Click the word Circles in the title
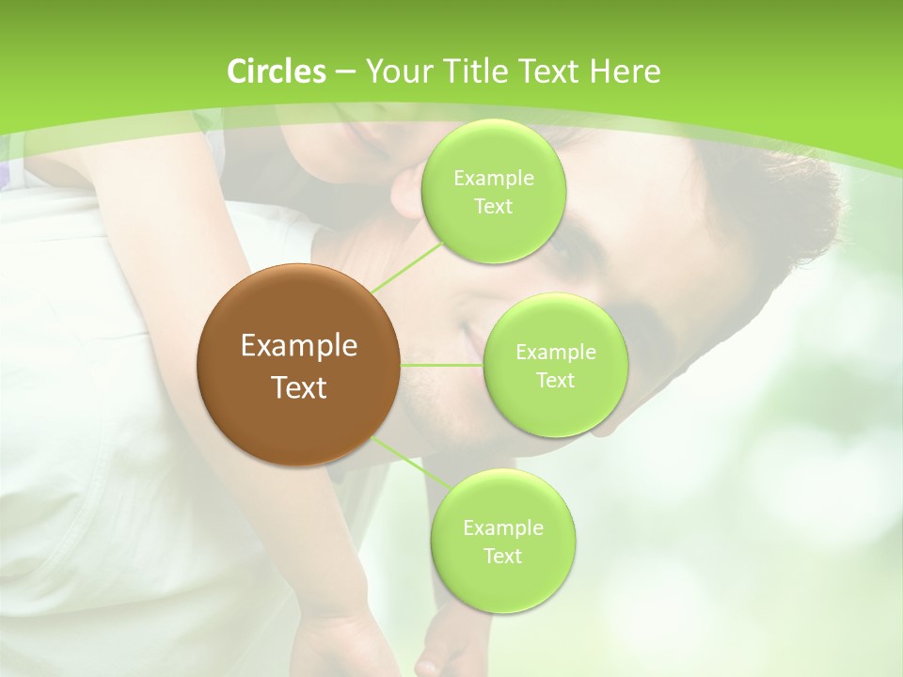point(276,71)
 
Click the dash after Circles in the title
point(344,72)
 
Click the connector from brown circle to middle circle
point(442,364)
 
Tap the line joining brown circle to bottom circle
point(404,463)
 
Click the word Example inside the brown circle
point(299,346)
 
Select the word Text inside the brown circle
point(299,386)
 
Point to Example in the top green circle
point(493,179)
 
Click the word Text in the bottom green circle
point(502,556)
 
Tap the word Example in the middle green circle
point(555,353)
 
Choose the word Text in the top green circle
point(493,207)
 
